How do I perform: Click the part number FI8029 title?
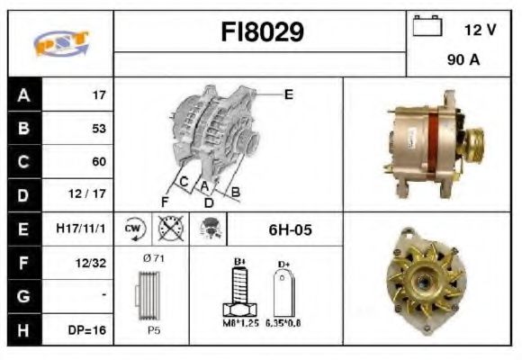point(262,32)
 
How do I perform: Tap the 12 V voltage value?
point(479,31)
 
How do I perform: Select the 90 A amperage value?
point(462,62)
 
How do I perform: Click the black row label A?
point(23,94)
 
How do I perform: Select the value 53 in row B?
point(98,129)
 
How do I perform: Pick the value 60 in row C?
point(98,162)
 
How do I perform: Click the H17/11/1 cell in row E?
point(81,229)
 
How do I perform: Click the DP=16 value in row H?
point(87,330)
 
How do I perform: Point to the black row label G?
point(23,296)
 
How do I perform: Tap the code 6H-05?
point(290,230)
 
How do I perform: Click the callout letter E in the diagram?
point(288,94)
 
